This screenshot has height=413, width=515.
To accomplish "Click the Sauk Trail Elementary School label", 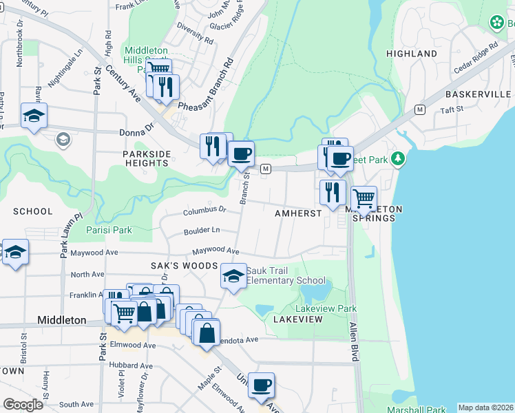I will [285, 275].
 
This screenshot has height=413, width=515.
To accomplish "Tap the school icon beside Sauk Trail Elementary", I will [233, 276].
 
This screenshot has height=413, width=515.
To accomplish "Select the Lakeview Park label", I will [326, 309].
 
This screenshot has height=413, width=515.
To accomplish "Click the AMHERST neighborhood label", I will [298, 213].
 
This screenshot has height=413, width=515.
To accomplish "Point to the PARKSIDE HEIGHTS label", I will [146, 158].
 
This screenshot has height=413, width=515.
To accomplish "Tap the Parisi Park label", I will [109, 230].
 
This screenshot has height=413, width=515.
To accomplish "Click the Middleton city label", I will [61, 321].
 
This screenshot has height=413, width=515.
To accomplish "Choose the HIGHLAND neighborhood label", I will [412, 54].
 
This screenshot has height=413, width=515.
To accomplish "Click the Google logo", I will [23, 404].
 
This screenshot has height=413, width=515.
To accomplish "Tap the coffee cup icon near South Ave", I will [260, 386].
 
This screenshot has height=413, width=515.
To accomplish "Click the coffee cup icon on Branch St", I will [240, 154].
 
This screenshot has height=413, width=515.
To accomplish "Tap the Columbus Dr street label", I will [204, 210].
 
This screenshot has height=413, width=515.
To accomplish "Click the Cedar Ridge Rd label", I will [475, 59].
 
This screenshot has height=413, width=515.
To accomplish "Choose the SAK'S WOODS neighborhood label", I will [175, 266].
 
